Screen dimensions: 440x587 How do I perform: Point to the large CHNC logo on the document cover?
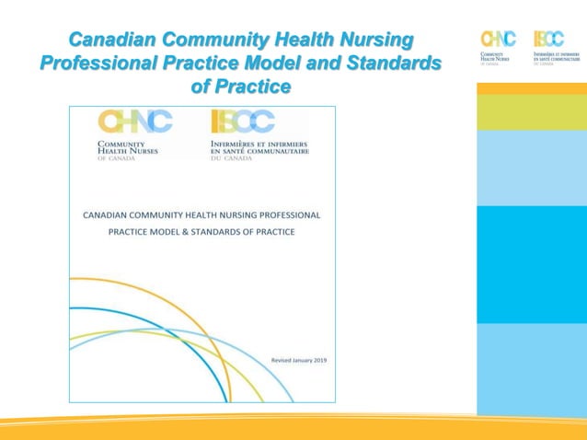[x=135, y=122]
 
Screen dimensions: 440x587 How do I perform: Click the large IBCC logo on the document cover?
[x=243, y=122]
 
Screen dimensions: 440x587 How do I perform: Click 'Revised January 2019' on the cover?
[x=299, y=360]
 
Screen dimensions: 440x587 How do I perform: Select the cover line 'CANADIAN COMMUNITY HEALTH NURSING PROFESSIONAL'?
[x=201, y=214]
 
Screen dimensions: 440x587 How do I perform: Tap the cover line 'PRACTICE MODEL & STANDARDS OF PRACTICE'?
[x=201, y=232]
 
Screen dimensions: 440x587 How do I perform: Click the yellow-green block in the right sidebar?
[x=531, y=112]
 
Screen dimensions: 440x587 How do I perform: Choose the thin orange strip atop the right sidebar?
[x=531, y=88]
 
